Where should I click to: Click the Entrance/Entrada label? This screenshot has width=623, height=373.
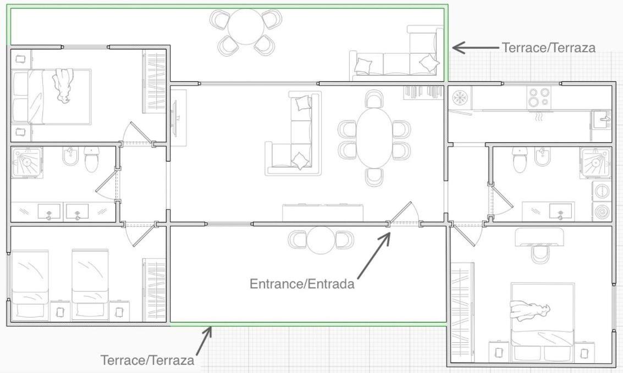point(302,284)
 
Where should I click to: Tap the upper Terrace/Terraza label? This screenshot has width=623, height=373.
point(549,48)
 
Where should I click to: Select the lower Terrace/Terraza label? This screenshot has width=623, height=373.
point(147,360)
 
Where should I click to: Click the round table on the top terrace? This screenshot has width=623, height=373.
point(246,26)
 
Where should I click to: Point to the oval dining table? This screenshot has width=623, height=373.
point(374,138)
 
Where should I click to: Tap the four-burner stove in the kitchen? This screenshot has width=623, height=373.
point(539,98)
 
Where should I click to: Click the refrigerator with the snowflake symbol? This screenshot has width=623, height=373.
point(461,98)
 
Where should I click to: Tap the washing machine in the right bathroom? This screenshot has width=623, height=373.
point(602,191)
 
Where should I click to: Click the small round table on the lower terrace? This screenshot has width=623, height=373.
point(321,240)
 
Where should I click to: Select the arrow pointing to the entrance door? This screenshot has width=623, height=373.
point(374,255)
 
